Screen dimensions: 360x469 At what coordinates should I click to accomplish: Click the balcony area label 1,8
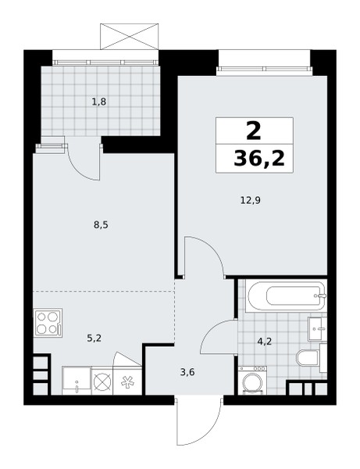coord(99,102)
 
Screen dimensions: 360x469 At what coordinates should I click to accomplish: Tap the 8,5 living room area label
coord(101,225)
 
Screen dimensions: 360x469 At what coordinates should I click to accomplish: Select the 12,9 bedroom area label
coord(251,200)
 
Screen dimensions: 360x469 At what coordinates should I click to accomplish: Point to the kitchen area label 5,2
coord(94,338)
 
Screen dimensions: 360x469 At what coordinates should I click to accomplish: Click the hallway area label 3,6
coord(188,372)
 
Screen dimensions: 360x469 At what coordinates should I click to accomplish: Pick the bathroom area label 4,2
coord(265,341)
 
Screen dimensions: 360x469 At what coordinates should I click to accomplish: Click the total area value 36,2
coord(259,158)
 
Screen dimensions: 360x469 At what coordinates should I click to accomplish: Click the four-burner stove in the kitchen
coord(48,323)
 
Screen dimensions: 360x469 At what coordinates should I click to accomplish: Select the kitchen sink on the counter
coord(77,381)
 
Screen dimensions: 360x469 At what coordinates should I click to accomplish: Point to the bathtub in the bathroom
coord(287,295)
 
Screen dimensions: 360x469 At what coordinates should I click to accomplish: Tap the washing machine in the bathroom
coord(252,380)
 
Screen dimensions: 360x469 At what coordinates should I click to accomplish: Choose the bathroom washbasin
coord(318,329)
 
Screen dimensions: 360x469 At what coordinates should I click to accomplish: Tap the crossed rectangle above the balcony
coord(129,37)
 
